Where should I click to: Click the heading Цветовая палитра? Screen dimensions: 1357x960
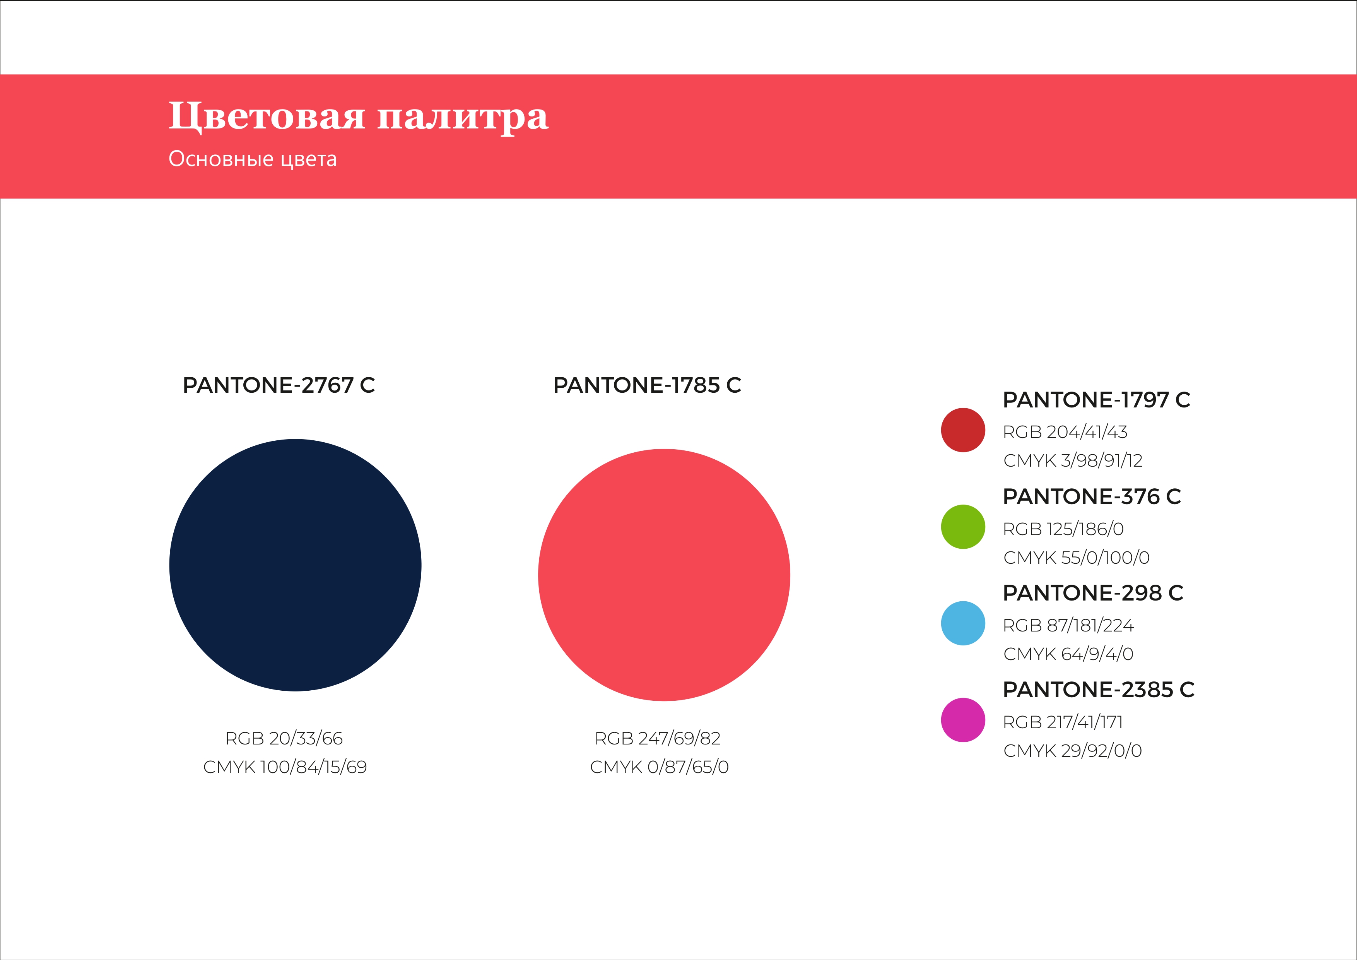(359, 116)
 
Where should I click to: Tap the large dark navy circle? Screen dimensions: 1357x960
(296, 565)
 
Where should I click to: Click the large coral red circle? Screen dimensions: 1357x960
(664, 575)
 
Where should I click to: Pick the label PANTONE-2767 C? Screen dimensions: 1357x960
(279, 385)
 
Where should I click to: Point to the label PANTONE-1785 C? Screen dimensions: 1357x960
(647, 385)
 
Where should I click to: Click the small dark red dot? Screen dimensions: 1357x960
(963, 430)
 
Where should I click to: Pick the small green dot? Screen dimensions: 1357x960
(963, 527)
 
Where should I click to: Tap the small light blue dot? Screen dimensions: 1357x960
(963, 623)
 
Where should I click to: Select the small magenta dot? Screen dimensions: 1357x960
(963, 720)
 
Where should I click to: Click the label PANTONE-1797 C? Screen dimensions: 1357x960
(1096, 400)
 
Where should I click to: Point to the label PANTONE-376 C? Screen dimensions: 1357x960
(1092, 496)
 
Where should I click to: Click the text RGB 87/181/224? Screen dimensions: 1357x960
(1068, 625)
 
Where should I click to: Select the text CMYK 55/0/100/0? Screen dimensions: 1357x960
(1076, 558)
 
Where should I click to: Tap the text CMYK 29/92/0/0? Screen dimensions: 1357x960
(1073, 751)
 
